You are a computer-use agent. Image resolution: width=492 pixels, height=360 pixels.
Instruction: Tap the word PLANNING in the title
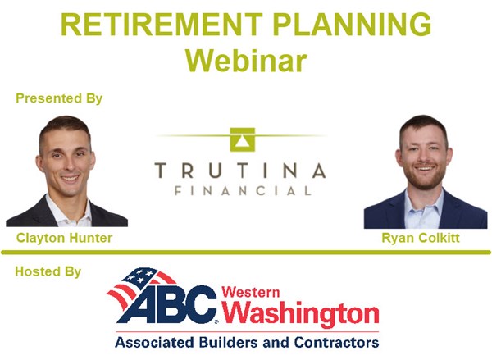[x=352, y=25]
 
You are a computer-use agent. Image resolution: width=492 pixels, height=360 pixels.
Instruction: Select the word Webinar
[x=246, y=60]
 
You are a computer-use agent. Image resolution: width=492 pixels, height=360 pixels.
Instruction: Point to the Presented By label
[x=59, y=98]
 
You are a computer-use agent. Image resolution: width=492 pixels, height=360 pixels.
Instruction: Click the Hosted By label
[x=48, y=271]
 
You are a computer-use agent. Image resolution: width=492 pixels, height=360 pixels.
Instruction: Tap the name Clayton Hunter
[x=64, y=238]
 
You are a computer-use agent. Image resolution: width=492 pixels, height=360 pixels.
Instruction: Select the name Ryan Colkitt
[x=421, y=238]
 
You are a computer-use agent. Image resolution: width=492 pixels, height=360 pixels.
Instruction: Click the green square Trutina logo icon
[x=242, y=139]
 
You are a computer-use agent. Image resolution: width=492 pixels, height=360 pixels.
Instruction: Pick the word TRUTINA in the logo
[x=240, y=171]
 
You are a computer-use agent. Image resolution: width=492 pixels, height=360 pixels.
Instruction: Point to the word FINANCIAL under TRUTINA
[x=244, y=191]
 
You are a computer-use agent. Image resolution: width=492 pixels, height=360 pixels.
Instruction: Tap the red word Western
[x=251, y=292]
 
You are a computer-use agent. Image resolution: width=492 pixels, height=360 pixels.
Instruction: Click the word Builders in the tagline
[x=229, y=343]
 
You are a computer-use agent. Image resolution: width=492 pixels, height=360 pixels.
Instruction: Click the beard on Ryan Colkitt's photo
[x=425, y=178]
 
